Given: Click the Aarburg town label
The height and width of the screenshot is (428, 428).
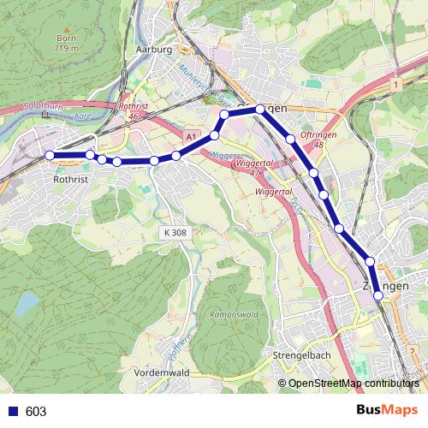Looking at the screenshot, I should [155, 50].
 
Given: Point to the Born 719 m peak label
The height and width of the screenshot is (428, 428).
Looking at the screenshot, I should [67, 44].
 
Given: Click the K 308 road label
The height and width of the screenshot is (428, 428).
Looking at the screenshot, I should [174, 232].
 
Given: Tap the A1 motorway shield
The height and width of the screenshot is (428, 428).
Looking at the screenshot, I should [191, 135].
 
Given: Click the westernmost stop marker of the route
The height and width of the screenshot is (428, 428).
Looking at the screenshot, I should [50, 155].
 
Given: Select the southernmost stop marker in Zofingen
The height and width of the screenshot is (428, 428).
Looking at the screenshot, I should [377, 295].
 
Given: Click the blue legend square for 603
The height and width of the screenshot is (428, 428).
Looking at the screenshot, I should [12, 412].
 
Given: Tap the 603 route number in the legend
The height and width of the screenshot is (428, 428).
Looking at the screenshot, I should [36, 412].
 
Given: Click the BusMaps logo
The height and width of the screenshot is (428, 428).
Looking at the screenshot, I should [387, 410].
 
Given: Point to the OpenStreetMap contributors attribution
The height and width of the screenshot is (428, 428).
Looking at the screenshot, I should [354, 384].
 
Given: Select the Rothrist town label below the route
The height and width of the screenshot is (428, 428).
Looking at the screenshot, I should [71, 181].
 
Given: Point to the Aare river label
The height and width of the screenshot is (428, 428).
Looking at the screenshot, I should [83, 115].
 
